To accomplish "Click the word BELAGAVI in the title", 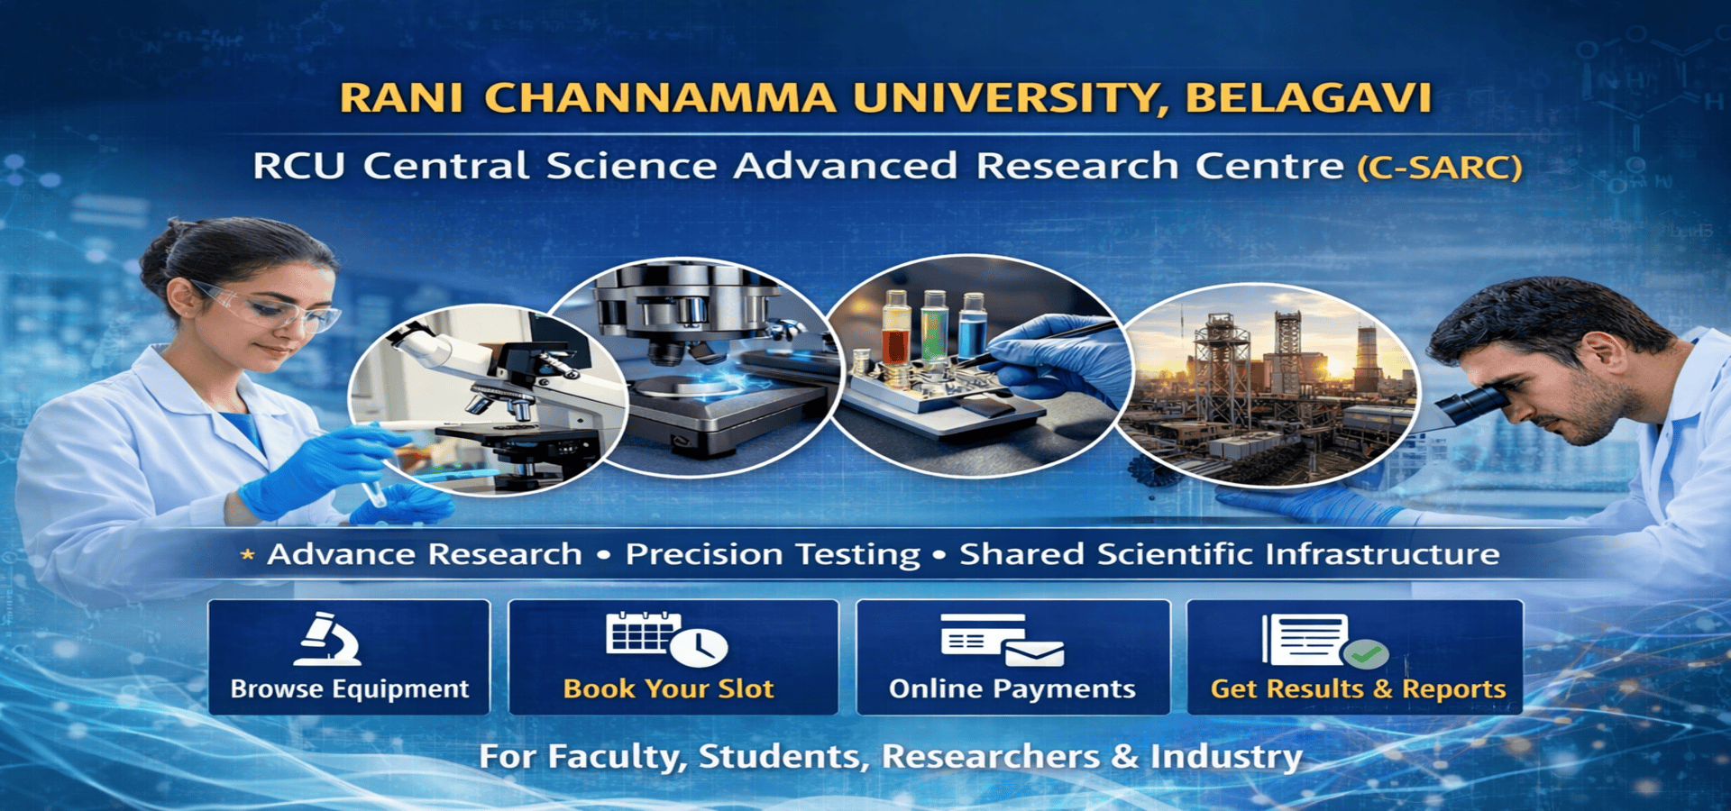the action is tap(1308, 98).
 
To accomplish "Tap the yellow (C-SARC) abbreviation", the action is tap(1440, 168).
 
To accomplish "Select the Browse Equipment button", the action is tap(349, 657).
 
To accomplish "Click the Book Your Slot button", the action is tap(673, 657).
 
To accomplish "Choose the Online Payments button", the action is tap(1012, 657).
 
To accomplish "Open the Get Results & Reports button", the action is tap(1354, 657).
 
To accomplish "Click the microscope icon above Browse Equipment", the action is tap(328, 639).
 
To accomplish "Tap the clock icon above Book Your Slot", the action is tap(700, 646).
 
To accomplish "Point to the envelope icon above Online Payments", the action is tap(1034, 652).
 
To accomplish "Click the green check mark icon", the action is tap(1365, 654).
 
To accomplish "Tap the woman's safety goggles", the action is tap(270, 307).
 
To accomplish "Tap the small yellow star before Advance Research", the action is tap(247, 555).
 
